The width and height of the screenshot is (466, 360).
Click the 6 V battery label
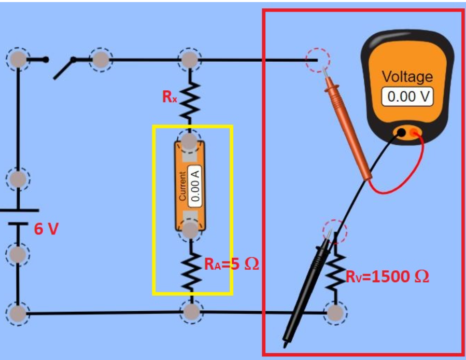click(46, 229)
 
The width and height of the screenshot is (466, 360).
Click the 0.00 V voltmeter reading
click(407, 97)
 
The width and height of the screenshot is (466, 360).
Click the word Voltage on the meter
click(407, 77)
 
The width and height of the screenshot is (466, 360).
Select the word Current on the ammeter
click(182, 186)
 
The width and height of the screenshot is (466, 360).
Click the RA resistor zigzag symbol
click(191, 271)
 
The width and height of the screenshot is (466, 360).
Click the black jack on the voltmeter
click(401, 133)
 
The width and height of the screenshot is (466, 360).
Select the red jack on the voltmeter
click(414, 134)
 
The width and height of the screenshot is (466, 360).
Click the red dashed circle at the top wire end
click(317, 60)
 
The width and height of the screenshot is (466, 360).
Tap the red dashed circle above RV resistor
click(334, 229)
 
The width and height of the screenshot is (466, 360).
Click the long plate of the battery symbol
click(19, 211)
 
